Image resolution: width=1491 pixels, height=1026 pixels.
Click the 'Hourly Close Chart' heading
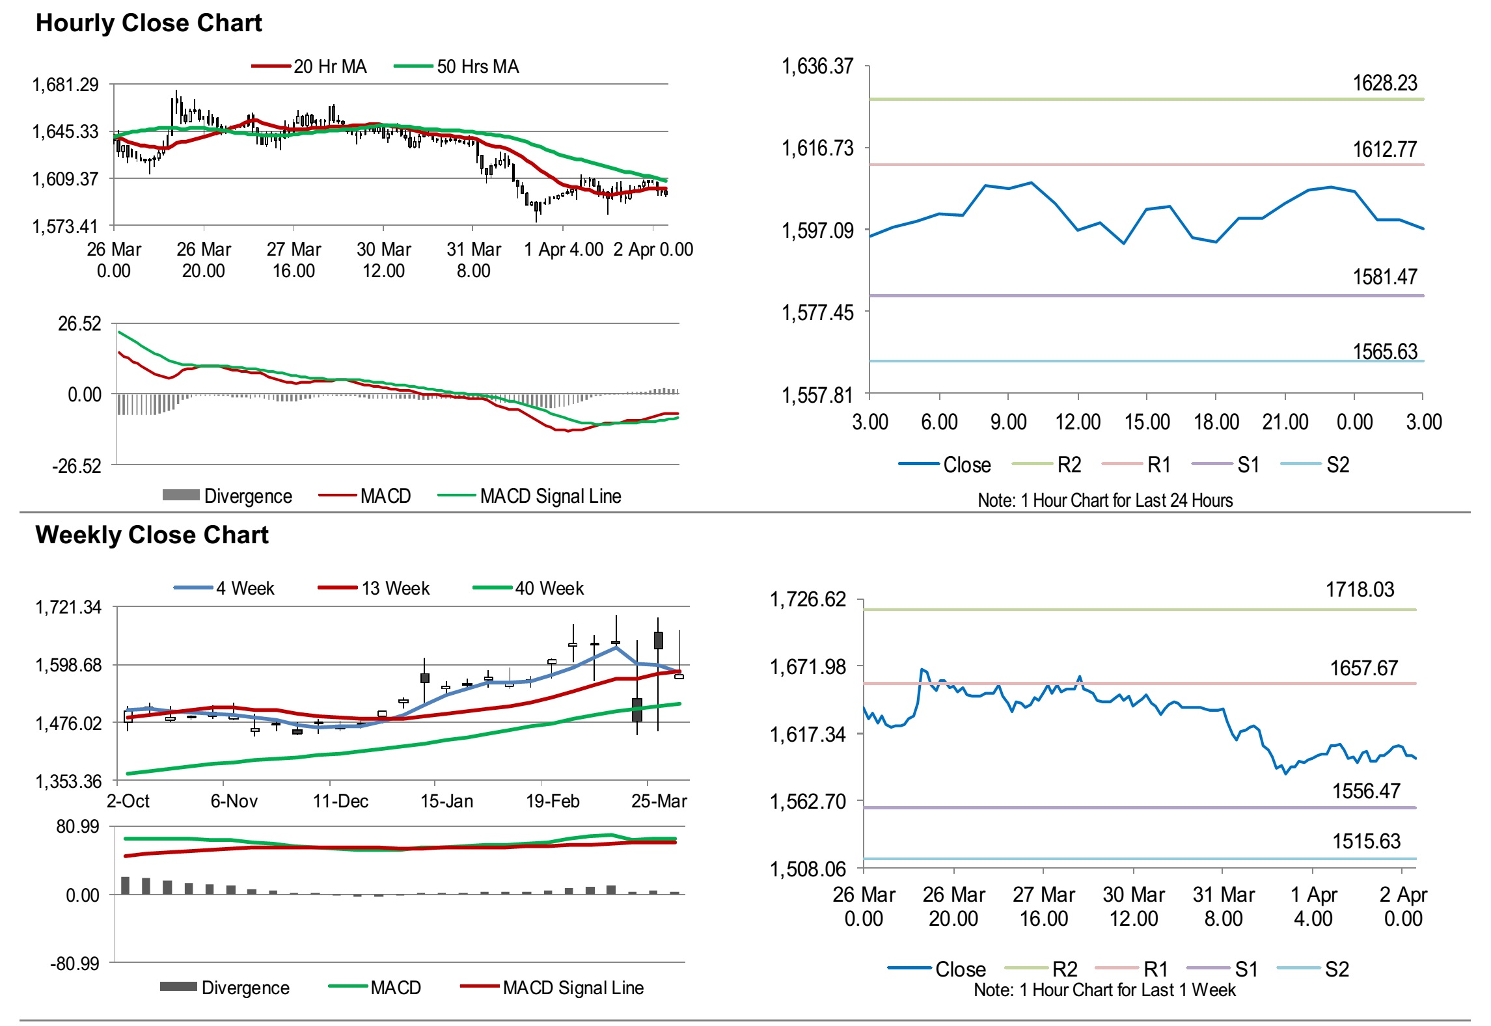click(x=148, y=23)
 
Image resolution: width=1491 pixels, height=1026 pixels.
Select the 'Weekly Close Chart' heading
click(x=152, y=535)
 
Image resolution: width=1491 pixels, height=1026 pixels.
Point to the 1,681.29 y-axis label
click(x=66, y=85)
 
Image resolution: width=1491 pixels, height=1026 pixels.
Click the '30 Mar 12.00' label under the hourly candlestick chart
click(x=383, y=260)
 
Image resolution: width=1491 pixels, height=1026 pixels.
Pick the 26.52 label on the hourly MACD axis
click(x=80, y=323)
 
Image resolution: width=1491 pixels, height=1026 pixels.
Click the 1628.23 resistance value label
click(x=1384, y=83)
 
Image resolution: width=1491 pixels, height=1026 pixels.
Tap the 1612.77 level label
click(x=1384, y=150)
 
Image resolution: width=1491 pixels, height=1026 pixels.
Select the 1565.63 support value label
click(x=1384, y=351)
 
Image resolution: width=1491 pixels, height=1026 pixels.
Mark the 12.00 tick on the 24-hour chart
click(x=1078, y=422)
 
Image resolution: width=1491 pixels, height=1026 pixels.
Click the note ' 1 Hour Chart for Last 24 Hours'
click(x=1105, y=500)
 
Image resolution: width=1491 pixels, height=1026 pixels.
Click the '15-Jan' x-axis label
click(x=446, y=801)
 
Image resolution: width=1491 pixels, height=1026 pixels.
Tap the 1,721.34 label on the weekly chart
click(x=68, y=608)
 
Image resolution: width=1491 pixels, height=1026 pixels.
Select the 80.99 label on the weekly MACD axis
click(x=77, y=827)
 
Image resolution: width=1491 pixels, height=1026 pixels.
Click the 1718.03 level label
click(x=1360, y=589)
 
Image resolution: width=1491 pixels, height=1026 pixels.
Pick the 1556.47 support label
click(x=1366, y=791)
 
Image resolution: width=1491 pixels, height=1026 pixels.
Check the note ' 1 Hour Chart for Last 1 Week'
click(x=1104, y=990)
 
